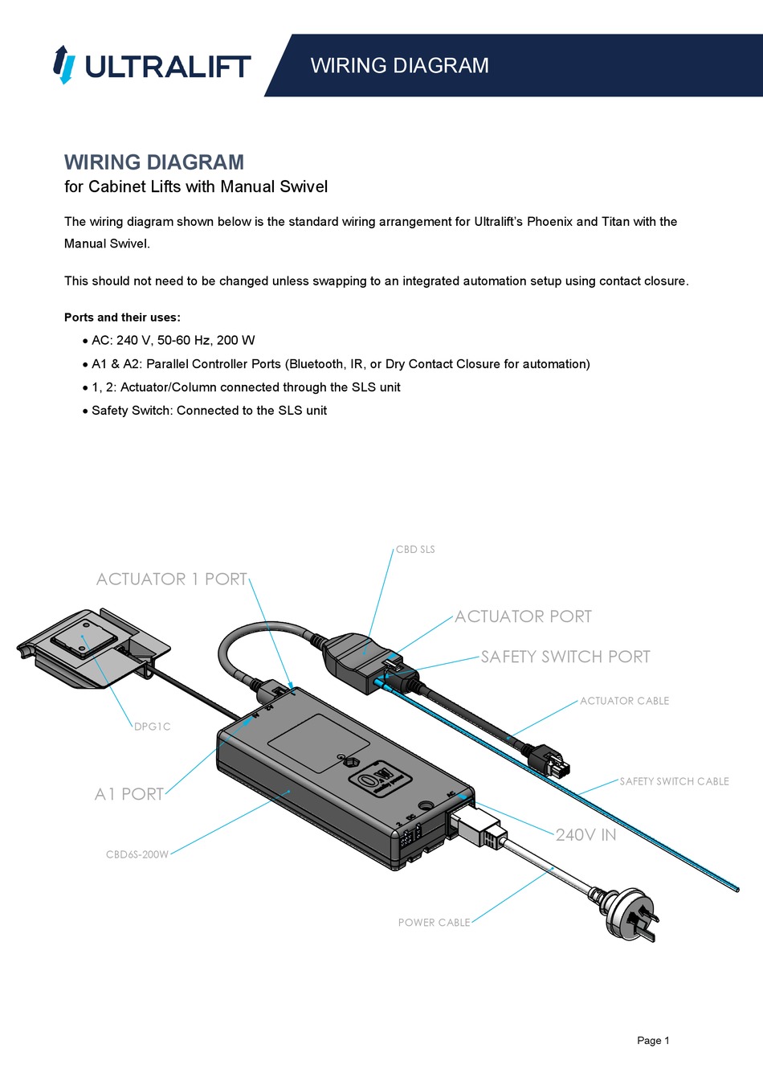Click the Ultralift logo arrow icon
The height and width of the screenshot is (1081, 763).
coord(63,65)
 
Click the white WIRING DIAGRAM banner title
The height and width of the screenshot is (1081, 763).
coord(399,66)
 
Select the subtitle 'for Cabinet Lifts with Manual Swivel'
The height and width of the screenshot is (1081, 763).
coord(196,186)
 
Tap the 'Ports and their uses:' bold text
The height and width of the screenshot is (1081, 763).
coord(122,317)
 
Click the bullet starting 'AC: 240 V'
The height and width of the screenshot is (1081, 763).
coord(173,340)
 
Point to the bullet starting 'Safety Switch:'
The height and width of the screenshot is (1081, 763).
coord(209,411)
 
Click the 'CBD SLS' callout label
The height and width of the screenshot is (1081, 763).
coord(415,550)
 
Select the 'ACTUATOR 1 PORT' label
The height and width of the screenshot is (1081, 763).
coord(171,579)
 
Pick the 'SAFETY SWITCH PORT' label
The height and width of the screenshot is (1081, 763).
coord(565,657)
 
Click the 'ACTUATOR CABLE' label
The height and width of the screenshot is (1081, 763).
coord(624,701)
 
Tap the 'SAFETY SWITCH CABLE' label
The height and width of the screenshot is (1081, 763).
coord(674,781)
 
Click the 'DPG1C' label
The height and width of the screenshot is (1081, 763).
coord(152,727)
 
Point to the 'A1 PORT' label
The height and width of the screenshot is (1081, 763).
coord(129,794)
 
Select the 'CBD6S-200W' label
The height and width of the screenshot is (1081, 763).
coord(137,854)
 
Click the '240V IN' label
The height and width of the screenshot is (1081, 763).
coord(586,835)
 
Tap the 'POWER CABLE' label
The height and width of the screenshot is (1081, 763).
coord(434,923)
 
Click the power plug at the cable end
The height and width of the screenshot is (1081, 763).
coord(631,912)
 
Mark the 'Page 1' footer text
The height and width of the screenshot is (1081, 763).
coord(652,1040)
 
